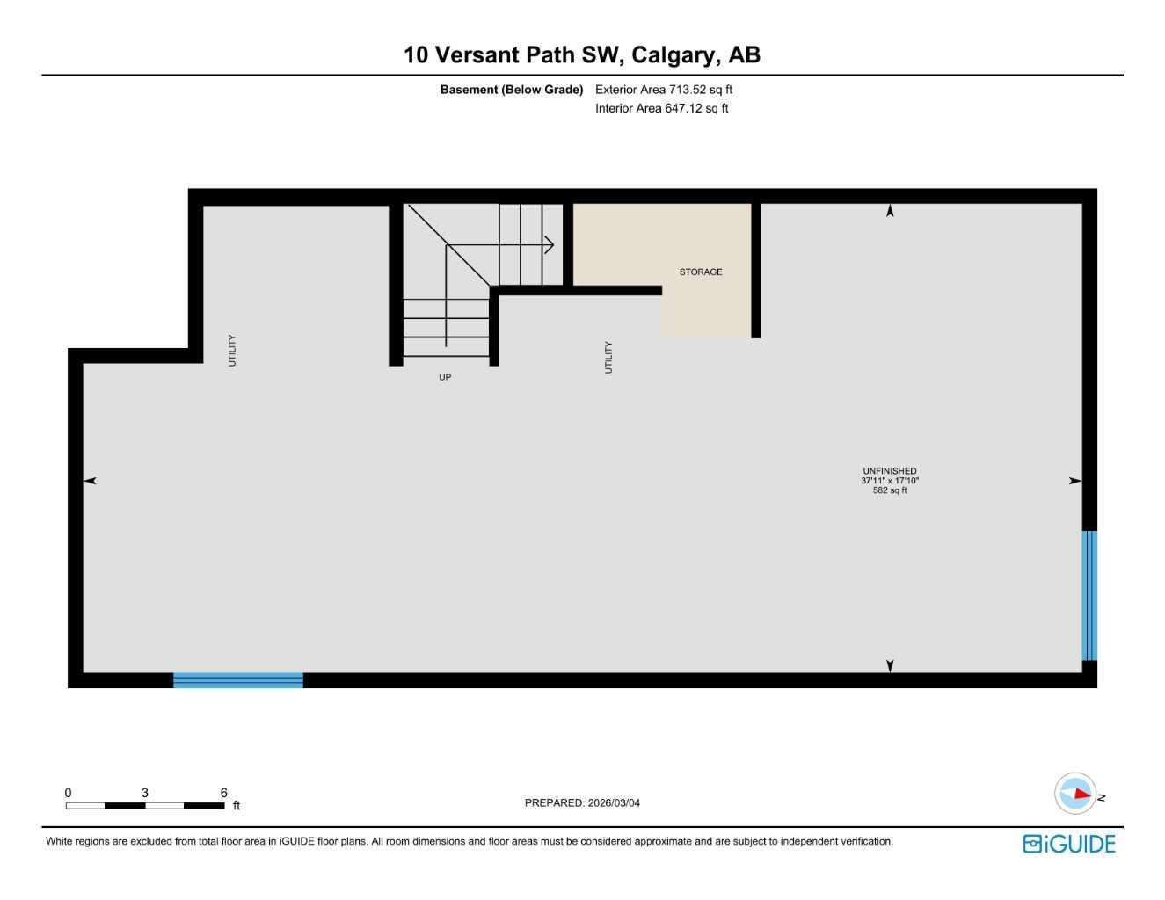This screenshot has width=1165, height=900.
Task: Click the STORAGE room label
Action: [x=701, y=272]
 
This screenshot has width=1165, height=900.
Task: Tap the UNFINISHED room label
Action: [x=890, y=471]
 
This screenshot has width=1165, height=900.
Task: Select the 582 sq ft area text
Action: [x=890, y=490]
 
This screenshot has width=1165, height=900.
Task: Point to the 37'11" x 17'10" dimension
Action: [x=890, y=481]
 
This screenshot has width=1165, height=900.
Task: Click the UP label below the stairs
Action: [x=445, y=377]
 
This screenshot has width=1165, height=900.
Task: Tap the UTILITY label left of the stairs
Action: [x=232, y=351]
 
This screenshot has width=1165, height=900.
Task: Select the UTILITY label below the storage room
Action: [x=608, y=358]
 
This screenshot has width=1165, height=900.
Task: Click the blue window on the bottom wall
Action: [x=238, y=680]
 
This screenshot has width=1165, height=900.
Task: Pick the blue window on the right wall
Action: [x=1089, y=595]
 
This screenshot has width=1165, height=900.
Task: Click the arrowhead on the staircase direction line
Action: [x=550, y=245]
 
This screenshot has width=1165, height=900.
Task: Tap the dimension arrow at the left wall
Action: [x=90, y=481]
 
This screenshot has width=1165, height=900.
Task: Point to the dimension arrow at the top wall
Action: [x=890, y=211]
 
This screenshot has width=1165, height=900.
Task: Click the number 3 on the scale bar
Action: [x=145, y=793]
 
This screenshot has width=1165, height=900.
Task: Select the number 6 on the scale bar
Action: [x=224, y=793]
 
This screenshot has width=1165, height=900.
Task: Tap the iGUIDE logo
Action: [x=1069, y=844]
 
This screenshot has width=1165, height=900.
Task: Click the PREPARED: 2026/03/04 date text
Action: [x=582, y=802]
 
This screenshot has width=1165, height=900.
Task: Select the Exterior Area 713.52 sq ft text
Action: [x=664, y=90]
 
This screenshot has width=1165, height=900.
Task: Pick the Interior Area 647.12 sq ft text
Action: [x=662, y=109]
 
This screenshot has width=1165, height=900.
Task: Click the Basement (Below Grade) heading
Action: [x=512, y=90]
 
